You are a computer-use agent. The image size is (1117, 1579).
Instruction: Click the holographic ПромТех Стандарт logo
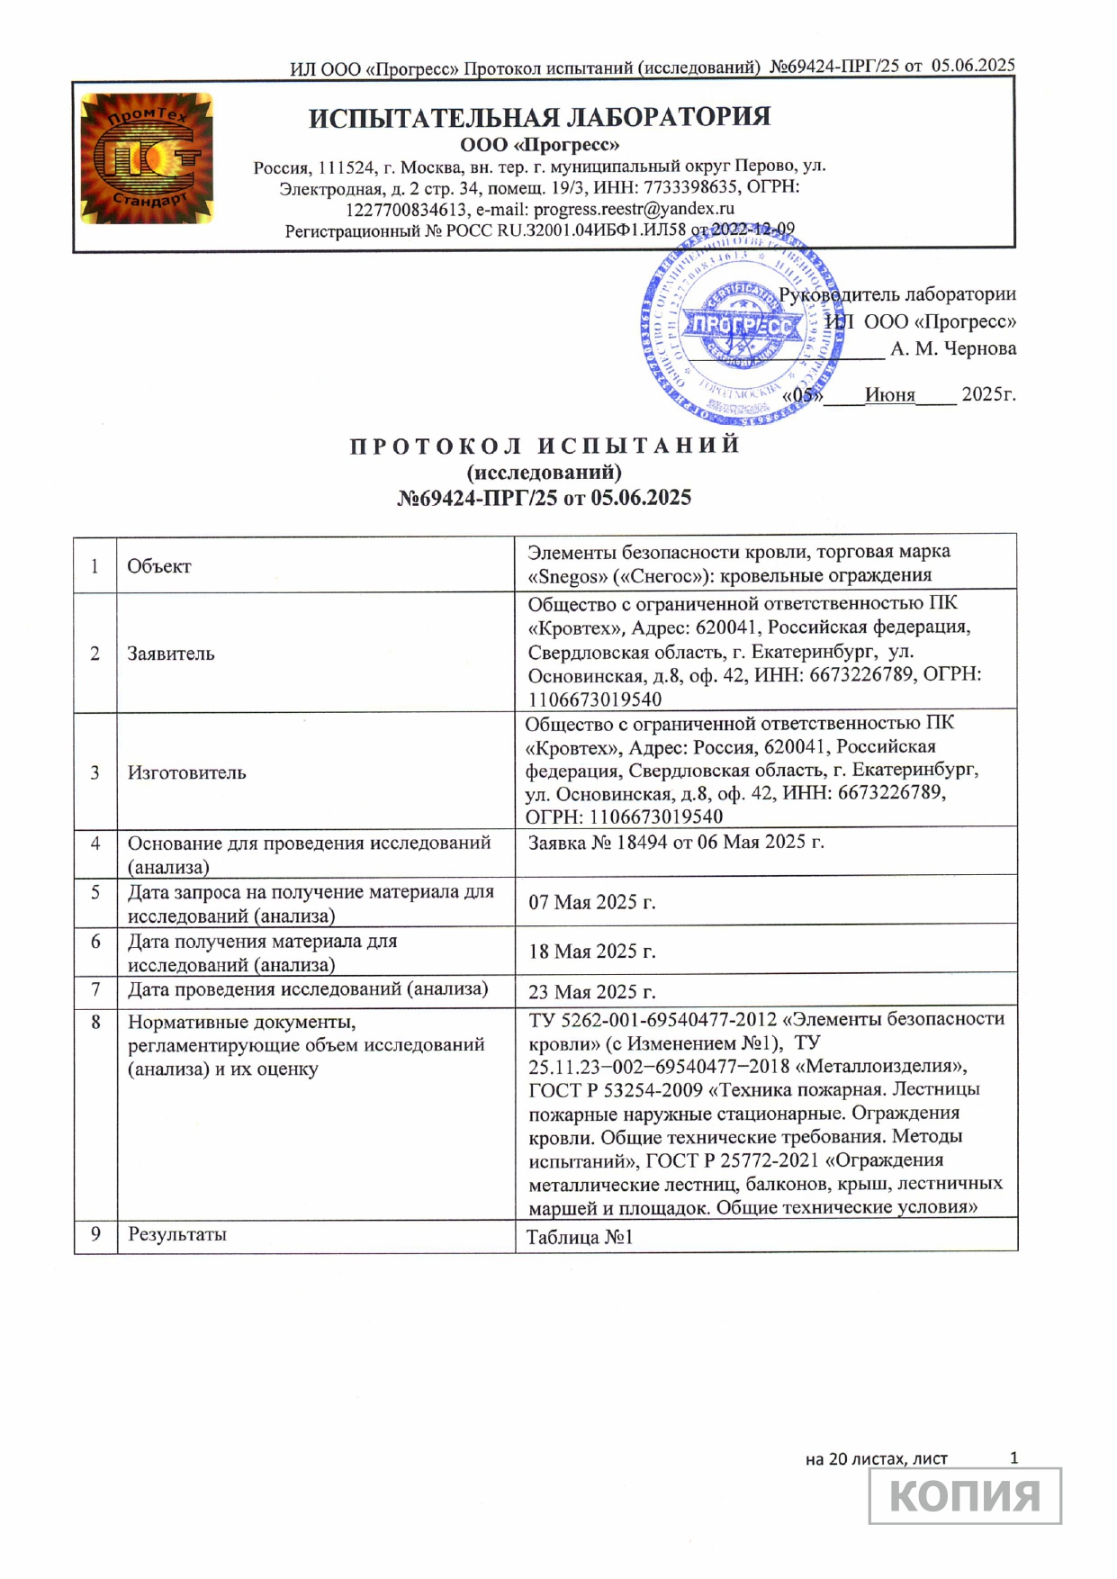[x=147, y=158]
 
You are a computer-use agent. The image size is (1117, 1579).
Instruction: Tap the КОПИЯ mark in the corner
[x=965, y=1495]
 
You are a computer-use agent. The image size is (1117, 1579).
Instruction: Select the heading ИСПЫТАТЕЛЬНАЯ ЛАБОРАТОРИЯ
[x=539, y=118]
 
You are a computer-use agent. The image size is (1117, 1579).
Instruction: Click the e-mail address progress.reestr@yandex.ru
[x=634, y=209]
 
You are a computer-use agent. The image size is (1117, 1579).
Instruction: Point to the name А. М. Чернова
[x=953, y=349]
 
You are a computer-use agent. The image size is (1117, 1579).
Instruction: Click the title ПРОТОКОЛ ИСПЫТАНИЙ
[x=545, y=446]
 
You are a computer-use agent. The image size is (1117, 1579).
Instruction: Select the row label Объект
[x=159, y=566]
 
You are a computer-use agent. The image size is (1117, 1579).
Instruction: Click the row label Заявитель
[x=171, y=654]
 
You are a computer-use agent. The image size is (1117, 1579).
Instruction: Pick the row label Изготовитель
[x=186, y=772]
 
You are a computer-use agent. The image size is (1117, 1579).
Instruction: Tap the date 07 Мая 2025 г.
[x=591, y=902]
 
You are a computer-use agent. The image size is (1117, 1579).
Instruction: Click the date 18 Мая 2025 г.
[x=591, y=952]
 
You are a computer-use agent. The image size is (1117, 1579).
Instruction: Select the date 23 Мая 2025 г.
[x=591, y=992]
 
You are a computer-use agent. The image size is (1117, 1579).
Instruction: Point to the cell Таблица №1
[x=580, y=1238]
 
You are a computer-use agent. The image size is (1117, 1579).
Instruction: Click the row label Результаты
[x=177, y=1234]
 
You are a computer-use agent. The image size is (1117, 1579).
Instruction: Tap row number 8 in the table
[x=95, y=1022]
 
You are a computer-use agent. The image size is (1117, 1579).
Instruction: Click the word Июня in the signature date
[x=889, y=394]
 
